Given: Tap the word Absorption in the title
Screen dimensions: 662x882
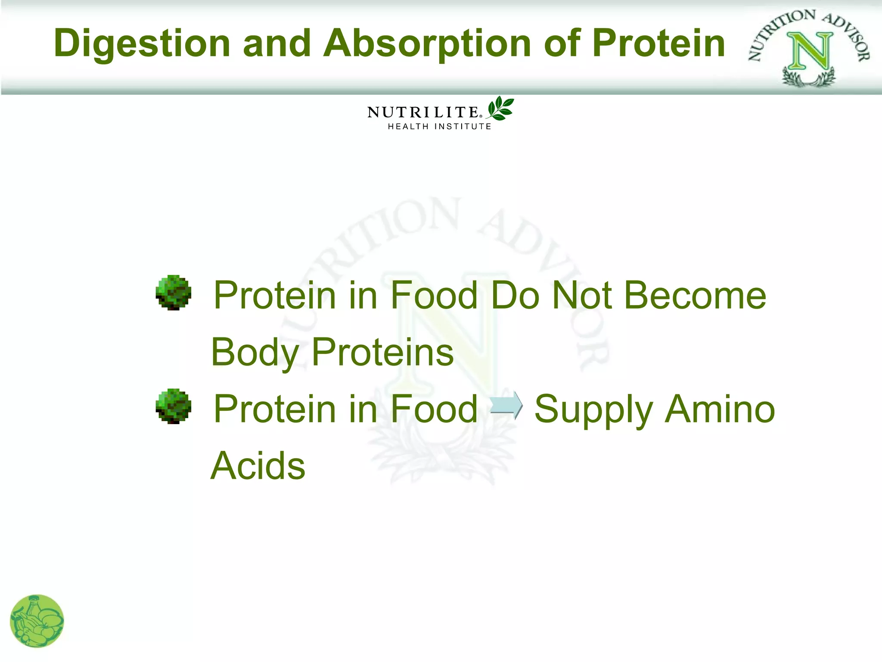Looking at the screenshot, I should [427, 44].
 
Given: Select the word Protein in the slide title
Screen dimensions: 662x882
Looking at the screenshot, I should [658, 43].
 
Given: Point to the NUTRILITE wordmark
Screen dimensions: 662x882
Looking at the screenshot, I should [423, 112].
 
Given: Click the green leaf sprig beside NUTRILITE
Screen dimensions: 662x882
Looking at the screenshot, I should [500, 108].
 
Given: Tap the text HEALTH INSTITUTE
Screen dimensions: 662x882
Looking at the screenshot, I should [439, 127].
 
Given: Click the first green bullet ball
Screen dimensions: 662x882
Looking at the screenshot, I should [173, 293].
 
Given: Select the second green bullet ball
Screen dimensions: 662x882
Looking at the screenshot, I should [173, 406].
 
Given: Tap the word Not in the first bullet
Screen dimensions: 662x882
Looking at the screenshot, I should [582, 296].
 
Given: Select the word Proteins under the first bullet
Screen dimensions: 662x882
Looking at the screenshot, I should [382, 353].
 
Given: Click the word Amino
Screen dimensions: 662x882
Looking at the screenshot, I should [720, 409].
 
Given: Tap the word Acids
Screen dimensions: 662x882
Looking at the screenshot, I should [258, 466].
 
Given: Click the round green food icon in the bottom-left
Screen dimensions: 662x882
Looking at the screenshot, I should [37, 621].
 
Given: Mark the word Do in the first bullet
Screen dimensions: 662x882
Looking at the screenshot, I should [515, 296].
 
